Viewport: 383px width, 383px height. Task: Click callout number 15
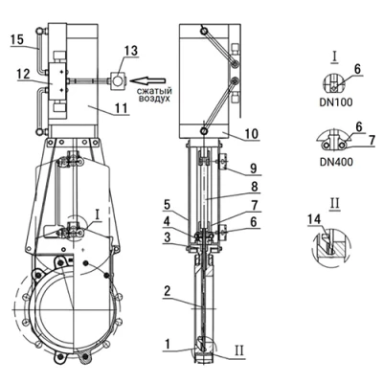click(17, 40)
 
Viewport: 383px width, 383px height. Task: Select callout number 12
click(24, 75)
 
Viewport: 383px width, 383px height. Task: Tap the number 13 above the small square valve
click(131, 51)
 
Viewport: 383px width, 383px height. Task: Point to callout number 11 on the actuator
click(122, 108)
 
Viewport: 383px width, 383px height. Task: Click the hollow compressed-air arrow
click(149, 79)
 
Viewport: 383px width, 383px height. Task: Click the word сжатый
click(153, 90)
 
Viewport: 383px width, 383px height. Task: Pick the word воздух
click(154, 99)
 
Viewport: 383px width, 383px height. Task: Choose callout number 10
click(252, 134)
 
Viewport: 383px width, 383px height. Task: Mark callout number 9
click(254, 169)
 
